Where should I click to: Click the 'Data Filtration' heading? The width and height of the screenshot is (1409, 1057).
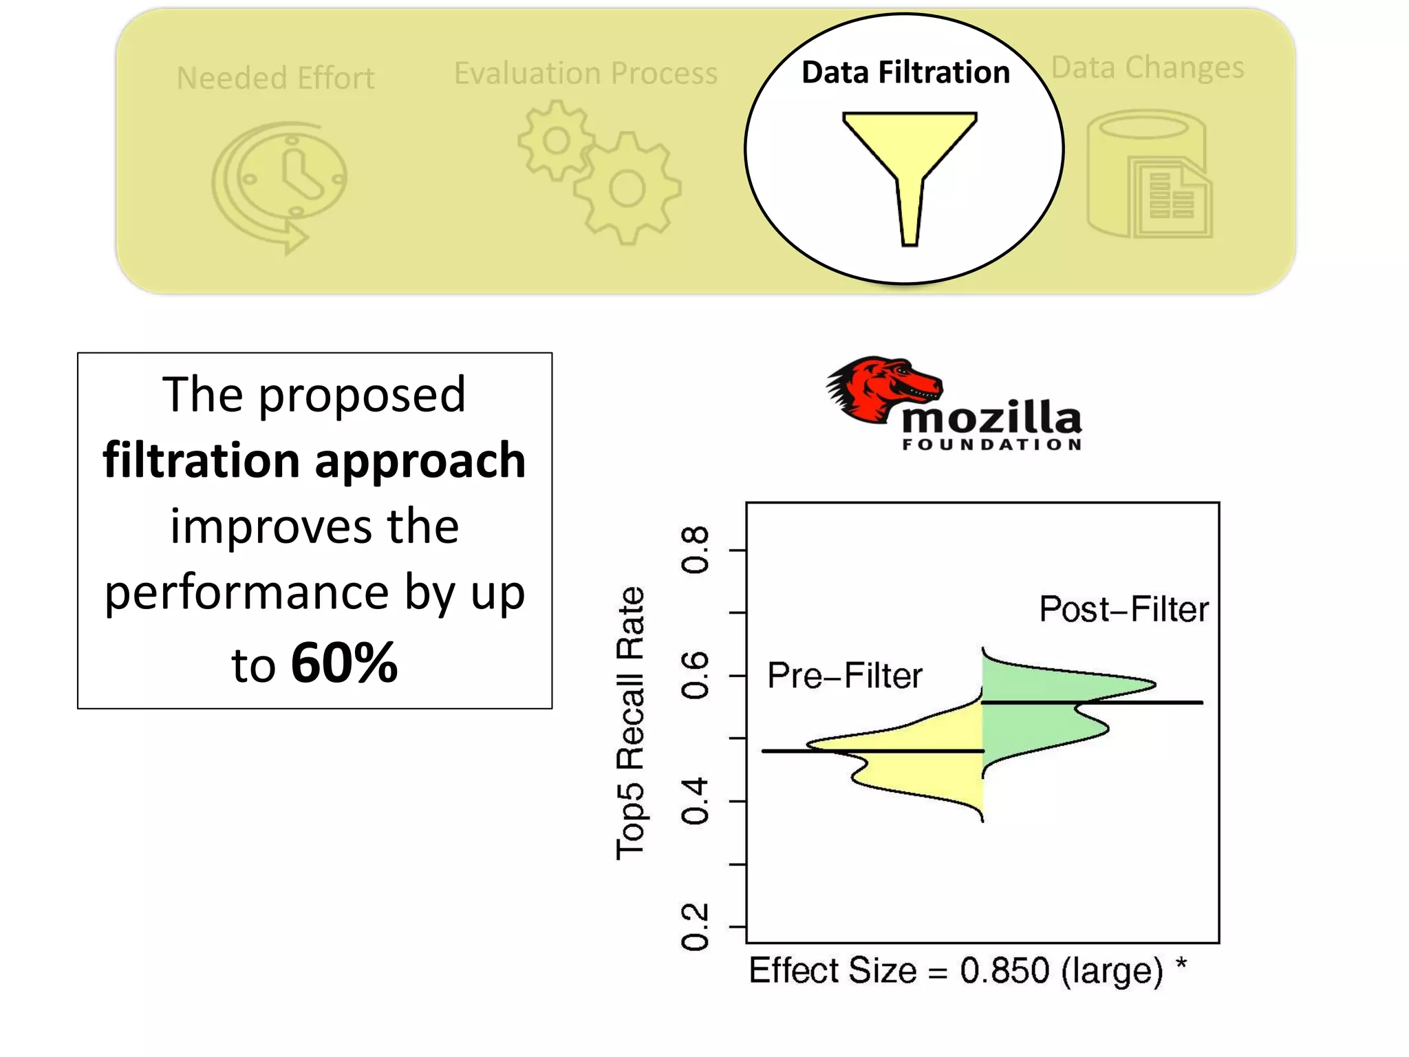click(x=905, y=72)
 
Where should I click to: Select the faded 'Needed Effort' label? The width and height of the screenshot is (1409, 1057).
click(x=275, y=78)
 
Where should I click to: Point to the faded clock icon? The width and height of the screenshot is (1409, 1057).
click(x=282, y=182)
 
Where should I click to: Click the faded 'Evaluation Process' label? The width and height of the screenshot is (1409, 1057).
click(x=585, y=73)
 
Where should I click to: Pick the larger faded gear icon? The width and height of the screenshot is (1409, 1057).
click(x=627, y=189)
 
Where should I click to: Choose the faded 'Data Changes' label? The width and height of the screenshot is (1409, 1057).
click(x=1148, y=67)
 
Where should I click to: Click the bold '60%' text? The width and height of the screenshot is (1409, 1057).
click(x=344, y=663)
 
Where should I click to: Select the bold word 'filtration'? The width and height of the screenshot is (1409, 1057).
click(x=201, y=460)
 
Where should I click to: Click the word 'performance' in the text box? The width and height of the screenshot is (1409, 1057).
click(x=247, y=592)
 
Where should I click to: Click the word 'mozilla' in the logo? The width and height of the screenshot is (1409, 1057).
click(x=991, y=417)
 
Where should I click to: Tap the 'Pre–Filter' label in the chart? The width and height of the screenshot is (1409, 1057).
click(x=844, y=675)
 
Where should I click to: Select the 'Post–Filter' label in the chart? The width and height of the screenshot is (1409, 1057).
click(x=1123, y=609)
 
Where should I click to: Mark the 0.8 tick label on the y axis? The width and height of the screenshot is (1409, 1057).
click(x=694, y=550)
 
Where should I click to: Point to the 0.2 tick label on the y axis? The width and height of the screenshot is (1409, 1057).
click(x=694, y=927)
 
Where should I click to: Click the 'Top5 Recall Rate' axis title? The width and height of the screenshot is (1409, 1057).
click(x=630, y=723)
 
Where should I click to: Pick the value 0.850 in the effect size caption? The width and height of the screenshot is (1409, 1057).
click(x=1004, y=970)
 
